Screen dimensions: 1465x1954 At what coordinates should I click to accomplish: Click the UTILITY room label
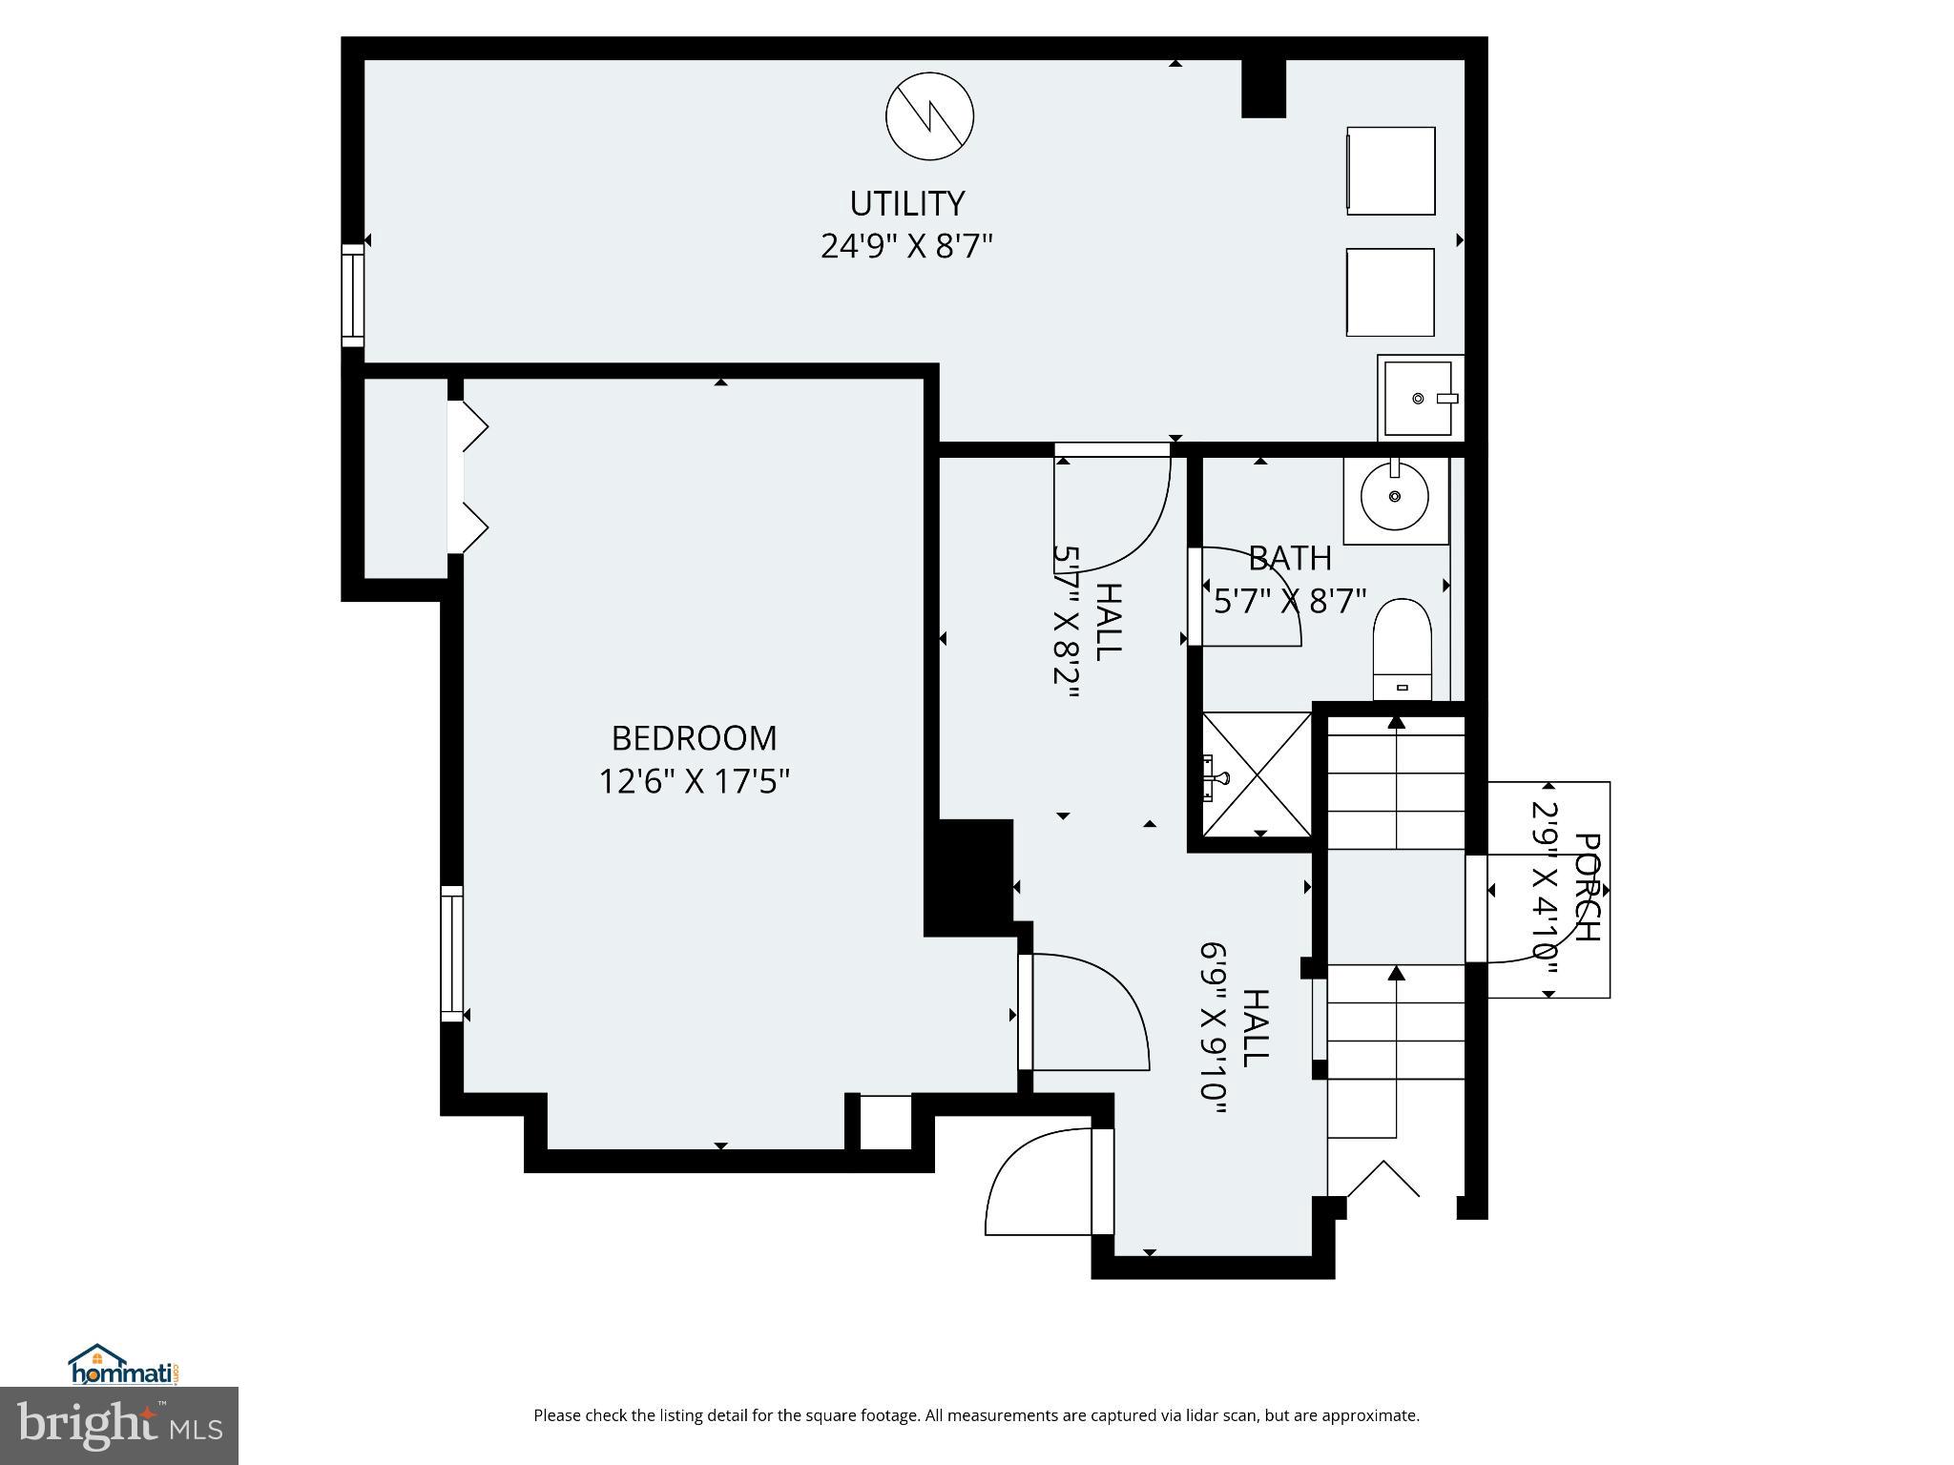906,203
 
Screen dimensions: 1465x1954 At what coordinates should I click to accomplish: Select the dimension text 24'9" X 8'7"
906,247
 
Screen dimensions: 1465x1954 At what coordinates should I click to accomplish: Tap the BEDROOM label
694,738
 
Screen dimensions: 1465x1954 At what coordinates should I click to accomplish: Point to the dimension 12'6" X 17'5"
694,782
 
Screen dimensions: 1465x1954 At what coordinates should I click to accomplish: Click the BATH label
1289,558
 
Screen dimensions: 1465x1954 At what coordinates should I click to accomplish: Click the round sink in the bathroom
1395,496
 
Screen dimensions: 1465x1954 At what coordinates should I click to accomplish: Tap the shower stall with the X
1257,774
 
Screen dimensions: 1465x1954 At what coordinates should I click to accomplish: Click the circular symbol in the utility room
929,115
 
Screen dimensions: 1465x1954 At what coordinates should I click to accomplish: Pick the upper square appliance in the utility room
1390,171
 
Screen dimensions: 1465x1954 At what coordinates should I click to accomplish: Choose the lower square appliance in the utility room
1390,292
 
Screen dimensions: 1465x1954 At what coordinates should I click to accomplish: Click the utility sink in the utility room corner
1420,398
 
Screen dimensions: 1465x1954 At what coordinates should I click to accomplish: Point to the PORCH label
1586,887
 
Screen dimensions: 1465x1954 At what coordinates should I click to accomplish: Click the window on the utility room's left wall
353,295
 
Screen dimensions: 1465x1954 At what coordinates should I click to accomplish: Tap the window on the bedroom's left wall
451,954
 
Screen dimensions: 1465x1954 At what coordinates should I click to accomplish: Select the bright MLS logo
118,1425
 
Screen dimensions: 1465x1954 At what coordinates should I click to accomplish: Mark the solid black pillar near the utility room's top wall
1263,89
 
